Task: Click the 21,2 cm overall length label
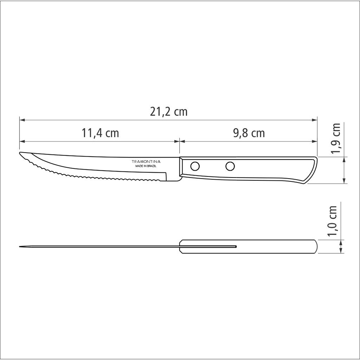click(169, 112)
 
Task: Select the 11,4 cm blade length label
click(100, 133)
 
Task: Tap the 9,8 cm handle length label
click(249, 133)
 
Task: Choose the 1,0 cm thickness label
click(332, 221)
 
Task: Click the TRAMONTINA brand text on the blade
click(146, 161)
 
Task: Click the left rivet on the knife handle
click(195, 166)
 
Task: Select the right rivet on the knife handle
click(230, 166)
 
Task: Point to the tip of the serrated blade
click(20, 153)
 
